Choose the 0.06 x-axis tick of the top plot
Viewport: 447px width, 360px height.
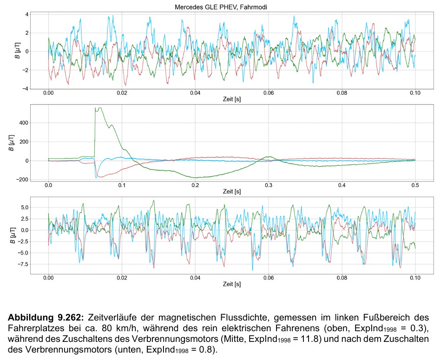click(x=268, y=93)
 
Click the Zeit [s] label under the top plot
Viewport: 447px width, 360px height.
click(x=231, y=99)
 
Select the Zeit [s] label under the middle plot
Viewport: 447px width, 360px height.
click(x=231, y=192)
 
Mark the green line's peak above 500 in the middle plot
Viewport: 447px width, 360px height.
click(x=98, y=108)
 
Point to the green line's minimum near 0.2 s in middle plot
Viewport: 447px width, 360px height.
click(x=195, y=178)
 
